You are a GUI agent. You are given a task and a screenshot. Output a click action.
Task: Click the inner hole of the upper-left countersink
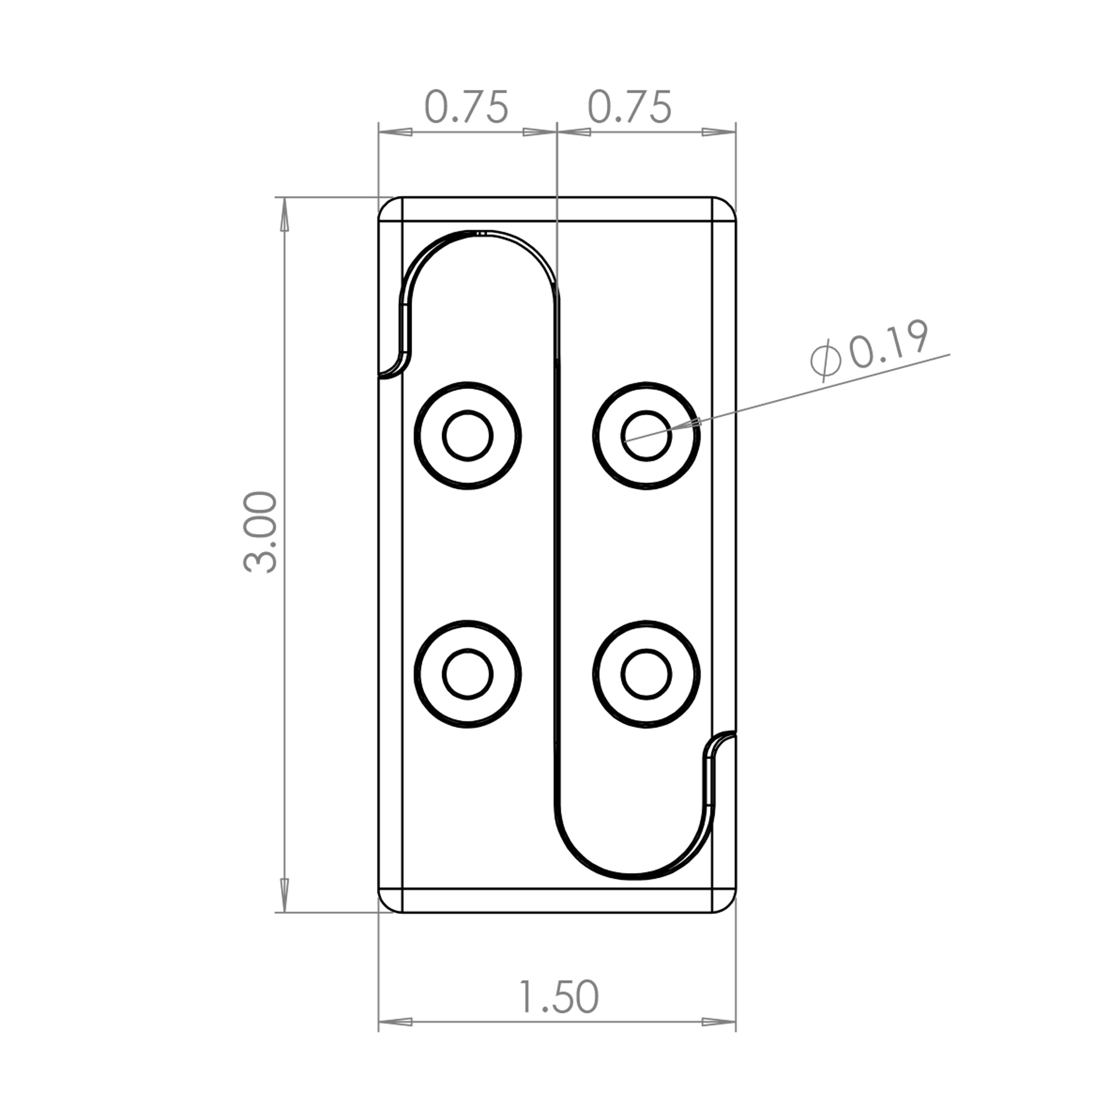[468, 435]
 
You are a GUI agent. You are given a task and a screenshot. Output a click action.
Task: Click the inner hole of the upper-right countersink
[647, 435]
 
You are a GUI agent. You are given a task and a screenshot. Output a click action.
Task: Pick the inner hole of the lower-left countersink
[468, 674]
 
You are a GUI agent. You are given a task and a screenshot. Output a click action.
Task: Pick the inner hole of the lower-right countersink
[647, 674]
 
